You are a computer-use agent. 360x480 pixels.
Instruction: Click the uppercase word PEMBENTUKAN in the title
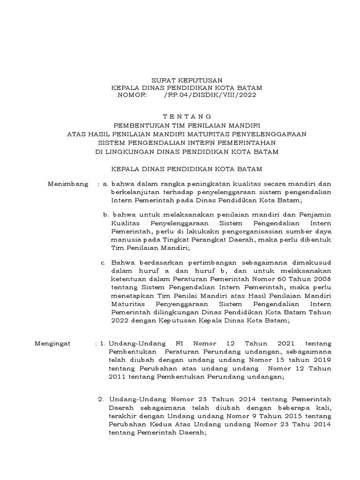click(x=136, y=125)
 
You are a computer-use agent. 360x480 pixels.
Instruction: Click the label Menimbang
click(x=68, y=184)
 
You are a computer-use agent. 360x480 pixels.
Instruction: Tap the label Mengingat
click(x=53, y=344)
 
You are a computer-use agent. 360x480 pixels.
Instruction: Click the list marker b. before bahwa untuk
click(x=106, y=214)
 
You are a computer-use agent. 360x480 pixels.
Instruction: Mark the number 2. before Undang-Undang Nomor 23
click(x=101, y=399)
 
